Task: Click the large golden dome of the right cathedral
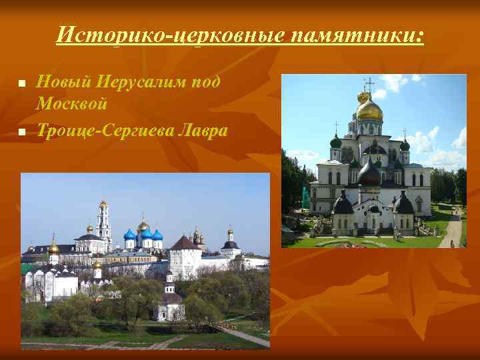pos(369,109)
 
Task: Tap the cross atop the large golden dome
pos(369,85)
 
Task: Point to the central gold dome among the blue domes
pos(143,226)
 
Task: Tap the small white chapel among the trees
pos(169,307)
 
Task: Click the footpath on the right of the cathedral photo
pos(452,230)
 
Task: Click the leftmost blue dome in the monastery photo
pos(130,234)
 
